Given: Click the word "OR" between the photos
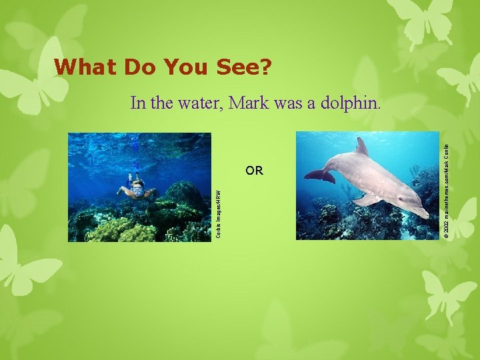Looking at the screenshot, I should tap(254, 171).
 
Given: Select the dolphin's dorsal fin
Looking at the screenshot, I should tap(362, 146).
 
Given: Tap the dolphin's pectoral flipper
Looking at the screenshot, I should tap(367, 199).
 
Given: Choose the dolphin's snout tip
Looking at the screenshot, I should tap(425, 213).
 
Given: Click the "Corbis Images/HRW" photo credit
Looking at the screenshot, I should tap(218, 211).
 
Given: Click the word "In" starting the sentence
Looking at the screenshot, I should tap(138, 103).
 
